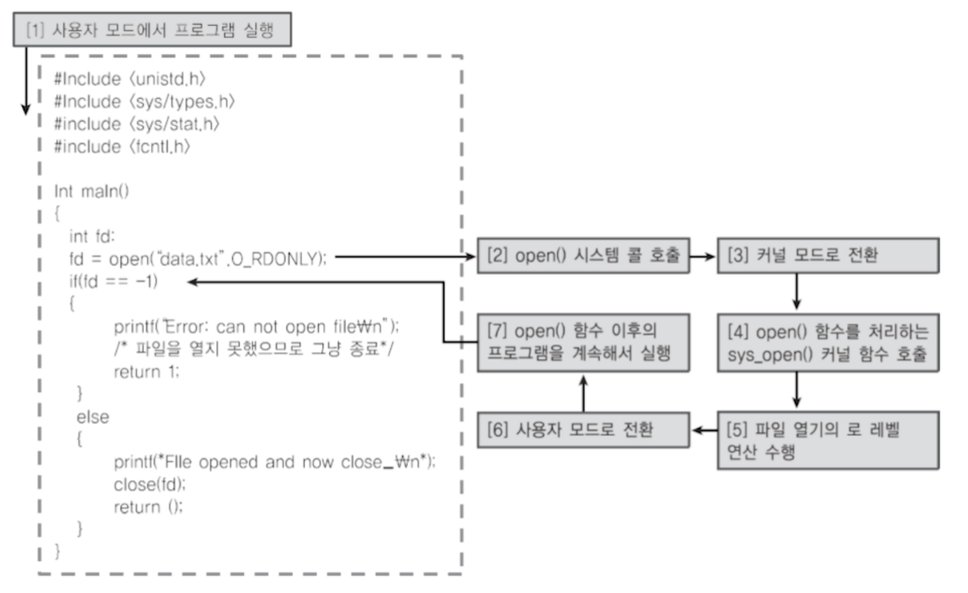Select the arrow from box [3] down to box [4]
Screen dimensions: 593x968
tap(799, 291)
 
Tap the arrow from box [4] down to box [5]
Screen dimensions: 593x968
tap(799, 389)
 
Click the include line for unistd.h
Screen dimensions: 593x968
tap(131, 79)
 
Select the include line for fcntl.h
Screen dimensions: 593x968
tap(122, 147)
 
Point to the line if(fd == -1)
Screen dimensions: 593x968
tap(114, 281)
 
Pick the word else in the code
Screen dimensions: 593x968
tap(93, 417)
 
